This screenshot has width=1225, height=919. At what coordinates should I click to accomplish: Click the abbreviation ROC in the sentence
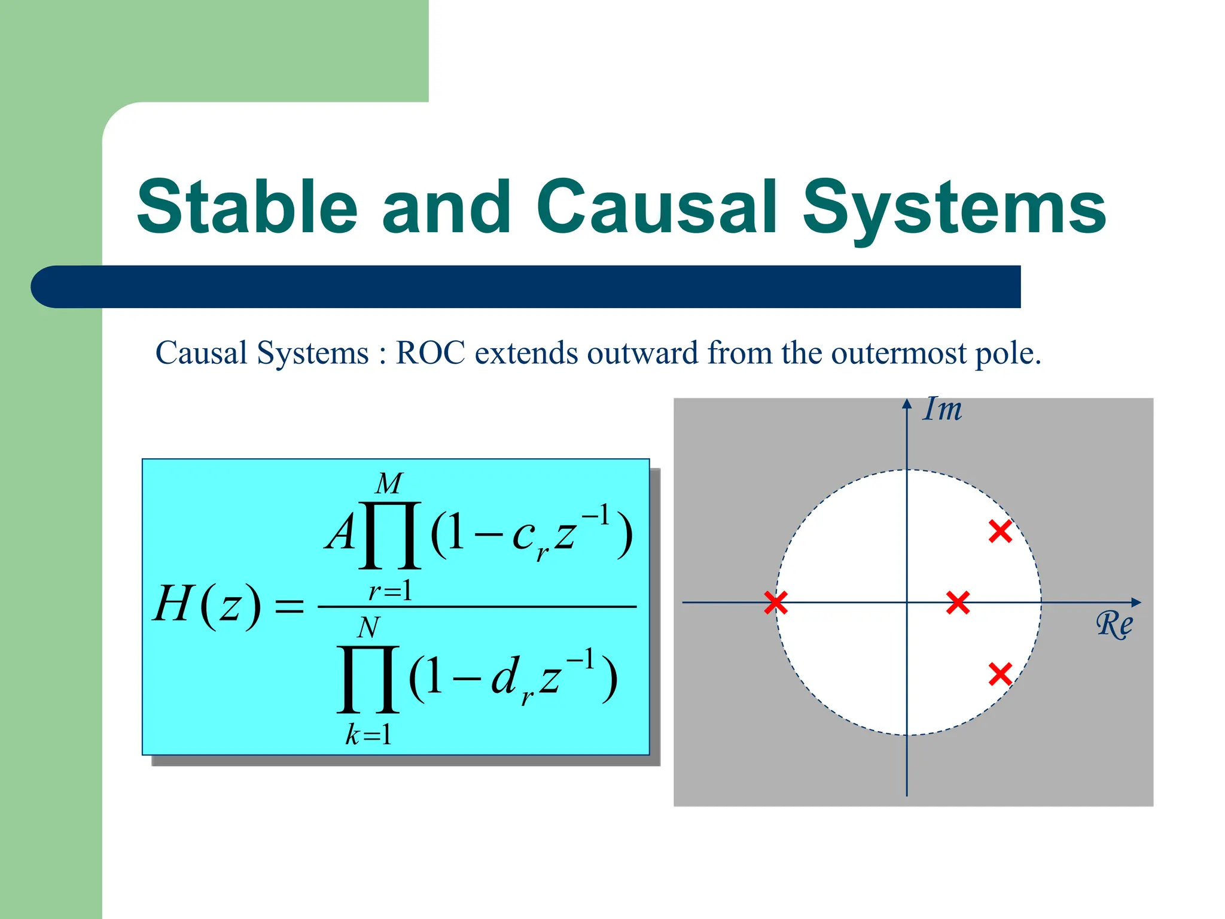click(430, 352)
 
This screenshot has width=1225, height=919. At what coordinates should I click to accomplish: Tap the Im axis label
click(942, 410)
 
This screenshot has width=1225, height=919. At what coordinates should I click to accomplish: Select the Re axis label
click(1114, 625)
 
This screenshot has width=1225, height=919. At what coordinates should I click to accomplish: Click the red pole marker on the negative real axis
click(776, 602)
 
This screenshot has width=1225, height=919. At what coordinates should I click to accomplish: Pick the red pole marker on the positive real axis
click(958, 602)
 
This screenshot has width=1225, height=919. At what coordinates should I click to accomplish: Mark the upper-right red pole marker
click(1000, 531)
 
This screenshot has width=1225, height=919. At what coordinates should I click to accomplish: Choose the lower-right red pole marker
click(1000, 674)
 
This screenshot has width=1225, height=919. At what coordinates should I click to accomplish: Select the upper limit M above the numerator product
click(389, 483)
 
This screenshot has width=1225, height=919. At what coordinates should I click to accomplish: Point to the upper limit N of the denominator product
click(368, 628)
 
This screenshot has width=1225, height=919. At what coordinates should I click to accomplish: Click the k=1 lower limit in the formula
click(368, 735)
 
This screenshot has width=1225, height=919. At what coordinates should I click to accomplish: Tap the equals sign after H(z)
click(289, 607)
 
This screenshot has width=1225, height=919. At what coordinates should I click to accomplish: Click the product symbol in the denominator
click(368, 679)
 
